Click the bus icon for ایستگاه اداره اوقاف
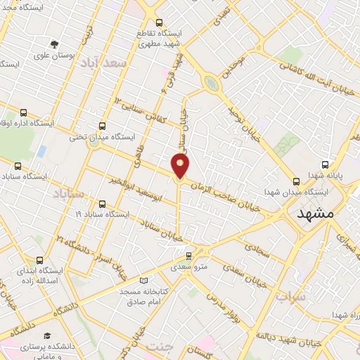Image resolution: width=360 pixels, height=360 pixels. (x=25, y=112)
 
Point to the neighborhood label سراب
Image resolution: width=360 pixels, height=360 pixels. (x=290, y=297)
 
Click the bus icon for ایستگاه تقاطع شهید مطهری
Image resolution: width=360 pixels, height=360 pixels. (x=160, y=22)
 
